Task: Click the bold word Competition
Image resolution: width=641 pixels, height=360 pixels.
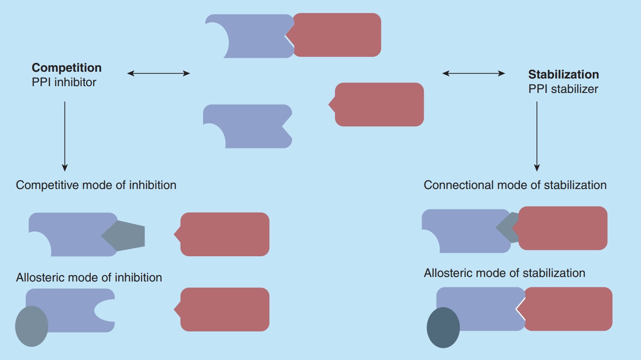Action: click(66, 68)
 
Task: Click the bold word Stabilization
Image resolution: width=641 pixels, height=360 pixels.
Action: click(563, 74)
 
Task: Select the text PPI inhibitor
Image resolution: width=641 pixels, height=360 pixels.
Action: click(64, 83)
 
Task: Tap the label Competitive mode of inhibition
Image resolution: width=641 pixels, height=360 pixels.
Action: click(96, 185)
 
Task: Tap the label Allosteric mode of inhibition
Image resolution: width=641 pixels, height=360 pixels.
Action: click(88, 277)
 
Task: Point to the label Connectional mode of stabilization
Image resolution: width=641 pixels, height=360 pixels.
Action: click(515, 185)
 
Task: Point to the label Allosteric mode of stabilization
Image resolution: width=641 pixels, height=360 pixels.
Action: click(504, 273)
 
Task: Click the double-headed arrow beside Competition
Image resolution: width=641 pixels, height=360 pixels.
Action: click(158, 73)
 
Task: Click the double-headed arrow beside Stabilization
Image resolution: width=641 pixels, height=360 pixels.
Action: click(474, 73)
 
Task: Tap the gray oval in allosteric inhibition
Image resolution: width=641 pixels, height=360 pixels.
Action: click(32, 326)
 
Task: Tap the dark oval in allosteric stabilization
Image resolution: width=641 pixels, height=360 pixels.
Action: click(443, 328)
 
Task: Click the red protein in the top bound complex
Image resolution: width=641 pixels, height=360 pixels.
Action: click(336, 35)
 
